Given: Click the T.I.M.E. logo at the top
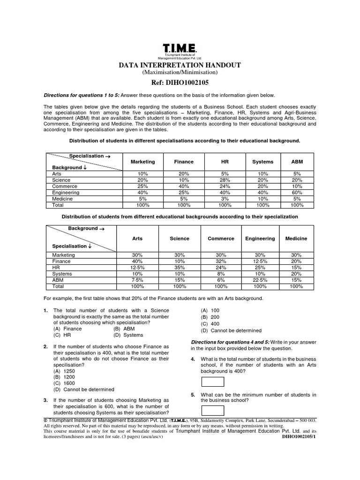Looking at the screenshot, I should coord(180,48).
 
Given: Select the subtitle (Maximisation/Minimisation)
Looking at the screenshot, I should coord(180,73).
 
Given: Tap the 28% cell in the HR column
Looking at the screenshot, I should coord(225,180).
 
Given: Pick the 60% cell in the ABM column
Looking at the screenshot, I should coord(297,192).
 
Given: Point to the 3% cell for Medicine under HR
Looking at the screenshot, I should coord(225,198).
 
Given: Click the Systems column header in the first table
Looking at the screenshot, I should coord(262,162).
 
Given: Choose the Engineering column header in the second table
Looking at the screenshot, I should coord(260,239).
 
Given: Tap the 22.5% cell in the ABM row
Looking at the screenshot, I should coord(260,279).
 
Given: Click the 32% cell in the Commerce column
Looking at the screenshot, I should coord(220,261).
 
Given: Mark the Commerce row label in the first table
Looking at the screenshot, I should coord(62,186).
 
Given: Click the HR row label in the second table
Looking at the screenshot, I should coord(56,267).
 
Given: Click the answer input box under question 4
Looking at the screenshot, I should coord(212,383).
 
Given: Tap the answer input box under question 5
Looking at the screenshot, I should coord(212,411).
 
